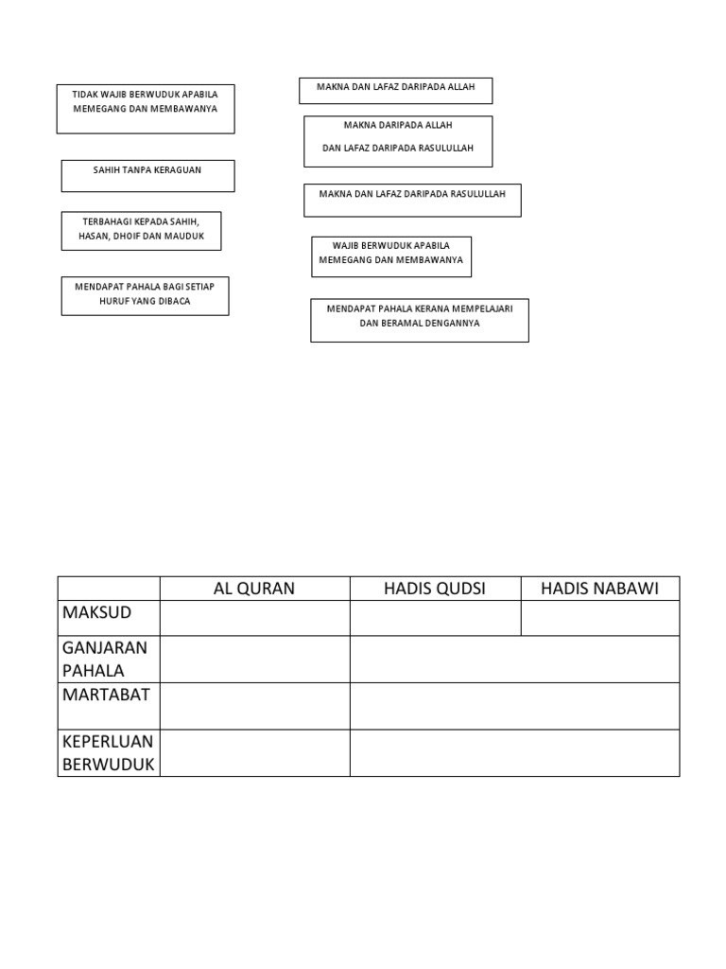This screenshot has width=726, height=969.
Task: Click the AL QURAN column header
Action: tap(254, 589)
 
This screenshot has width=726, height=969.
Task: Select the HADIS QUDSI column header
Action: tap(435, 589)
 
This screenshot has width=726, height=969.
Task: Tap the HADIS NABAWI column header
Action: tap(600, 589)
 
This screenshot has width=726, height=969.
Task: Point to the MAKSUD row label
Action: tap(97, 613)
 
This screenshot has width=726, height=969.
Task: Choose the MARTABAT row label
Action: tap(107, 695)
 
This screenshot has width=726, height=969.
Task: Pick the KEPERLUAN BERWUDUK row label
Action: tap(108, 752)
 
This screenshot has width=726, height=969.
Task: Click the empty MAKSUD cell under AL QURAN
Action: tap(254, 618)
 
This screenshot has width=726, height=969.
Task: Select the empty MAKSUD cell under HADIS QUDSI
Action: tap(435, 618)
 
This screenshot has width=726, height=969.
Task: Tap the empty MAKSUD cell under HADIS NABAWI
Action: tap(600, 618)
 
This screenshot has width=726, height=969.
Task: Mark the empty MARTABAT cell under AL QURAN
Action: tap(254, 706)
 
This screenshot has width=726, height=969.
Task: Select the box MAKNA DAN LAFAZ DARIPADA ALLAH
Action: tap(396, 91)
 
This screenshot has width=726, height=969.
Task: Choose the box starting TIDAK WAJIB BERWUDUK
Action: tap(146, 108)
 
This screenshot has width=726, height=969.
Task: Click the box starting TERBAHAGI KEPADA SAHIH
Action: tap(141, 230)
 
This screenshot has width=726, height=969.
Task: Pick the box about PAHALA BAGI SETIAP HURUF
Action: tap(145, 295)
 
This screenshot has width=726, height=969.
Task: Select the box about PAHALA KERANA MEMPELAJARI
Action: tap(420, 320)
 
